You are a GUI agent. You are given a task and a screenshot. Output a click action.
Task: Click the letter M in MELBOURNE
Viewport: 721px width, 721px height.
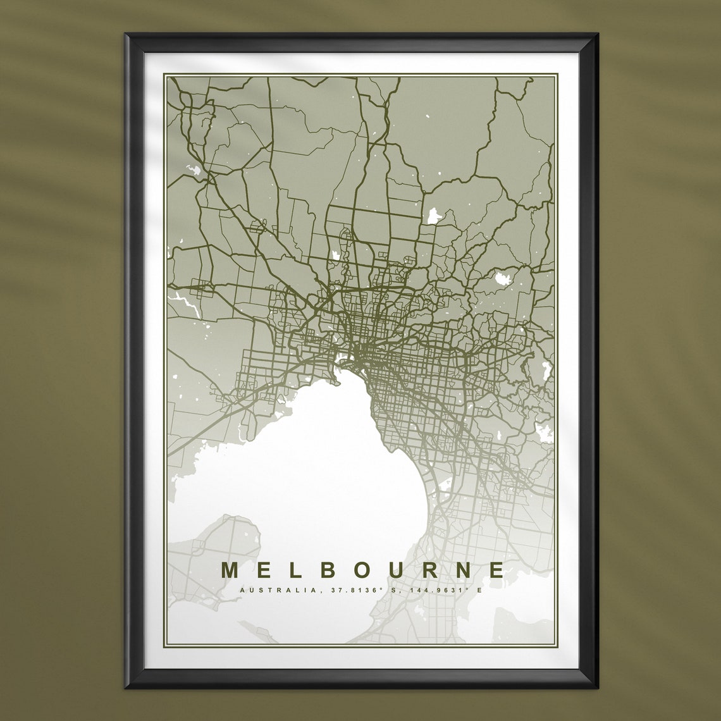click(230, 570)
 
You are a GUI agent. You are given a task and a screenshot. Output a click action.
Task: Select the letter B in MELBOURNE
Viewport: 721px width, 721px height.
click(328, 570)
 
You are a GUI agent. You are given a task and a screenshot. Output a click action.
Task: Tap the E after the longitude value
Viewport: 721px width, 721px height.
click(479, 590)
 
